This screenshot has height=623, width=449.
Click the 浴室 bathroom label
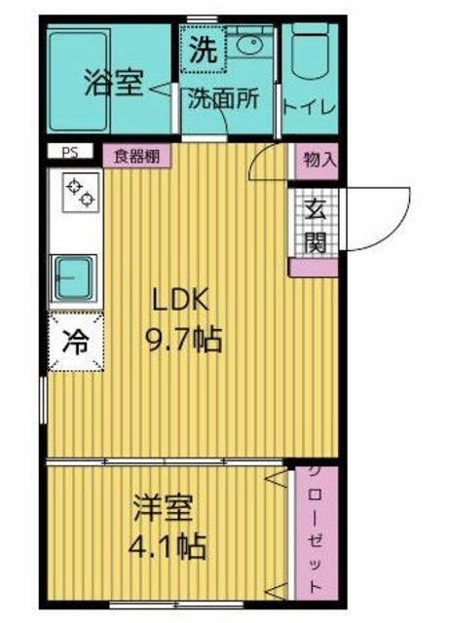point(115,84)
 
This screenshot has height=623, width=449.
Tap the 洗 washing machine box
point(202,49)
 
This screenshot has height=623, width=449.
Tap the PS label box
point(69,152)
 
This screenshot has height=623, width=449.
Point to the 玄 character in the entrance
point(313,208)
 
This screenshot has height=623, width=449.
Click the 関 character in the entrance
point(313,240)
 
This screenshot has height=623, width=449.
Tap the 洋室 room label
point(164,508)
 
